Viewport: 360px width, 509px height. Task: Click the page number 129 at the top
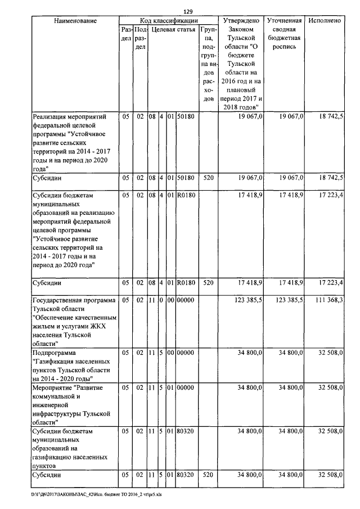188,11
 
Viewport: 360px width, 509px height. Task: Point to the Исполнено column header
325,21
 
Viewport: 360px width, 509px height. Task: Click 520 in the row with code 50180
208,178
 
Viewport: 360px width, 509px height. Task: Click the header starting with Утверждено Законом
241,63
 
